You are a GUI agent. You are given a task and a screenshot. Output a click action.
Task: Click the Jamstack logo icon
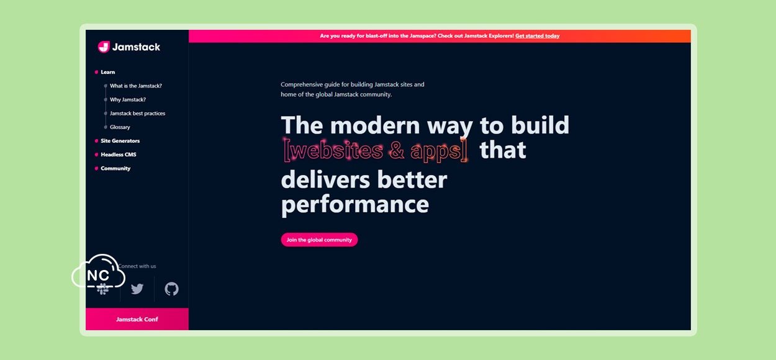104,47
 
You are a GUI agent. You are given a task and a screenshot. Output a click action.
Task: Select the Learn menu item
108,72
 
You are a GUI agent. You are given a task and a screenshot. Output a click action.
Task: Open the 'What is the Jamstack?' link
136,86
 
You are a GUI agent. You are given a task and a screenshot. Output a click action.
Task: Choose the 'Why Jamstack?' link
128,100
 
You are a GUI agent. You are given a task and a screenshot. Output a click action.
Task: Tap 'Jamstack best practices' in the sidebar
138,114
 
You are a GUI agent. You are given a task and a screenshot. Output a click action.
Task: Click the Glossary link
120,127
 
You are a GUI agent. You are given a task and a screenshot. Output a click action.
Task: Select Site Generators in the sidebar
120,141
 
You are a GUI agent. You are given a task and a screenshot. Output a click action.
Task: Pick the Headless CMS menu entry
119,155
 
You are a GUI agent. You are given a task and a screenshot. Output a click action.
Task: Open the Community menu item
115,168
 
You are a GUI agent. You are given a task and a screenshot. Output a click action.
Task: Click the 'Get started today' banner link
538,35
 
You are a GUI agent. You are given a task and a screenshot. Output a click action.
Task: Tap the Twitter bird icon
137,289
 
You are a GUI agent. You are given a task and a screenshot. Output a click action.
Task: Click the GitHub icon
171,289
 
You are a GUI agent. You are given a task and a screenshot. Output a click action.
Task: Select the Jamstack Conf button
137,319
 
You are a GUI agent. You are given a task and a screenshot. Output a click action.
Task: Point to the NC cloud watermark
98,272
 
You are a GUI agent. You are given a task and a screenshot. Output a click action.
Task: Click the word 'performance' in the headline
355,204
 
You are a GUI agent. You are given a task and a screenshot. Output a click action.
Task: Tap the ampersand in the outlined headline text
397,150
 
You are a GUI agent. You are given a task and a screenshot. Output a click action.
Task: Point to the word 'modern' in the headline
375,125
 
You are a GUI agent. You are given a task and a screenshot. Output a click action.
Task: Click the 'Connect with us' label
137,266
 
